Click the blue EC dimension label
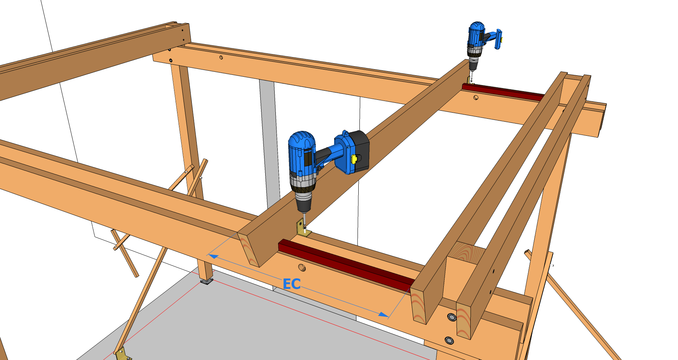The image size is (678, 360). (292, 284)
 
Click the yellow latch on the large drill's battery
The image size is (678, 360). (355, 159)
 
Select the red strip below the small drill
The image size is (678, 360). (504, 92)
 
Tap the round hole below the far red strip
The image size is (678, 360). (476, 98)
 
